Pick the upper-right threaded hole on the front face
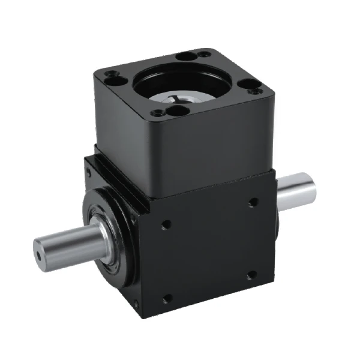click(x=253, y=202)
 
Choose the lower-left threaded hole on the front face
click(x=167, y=297)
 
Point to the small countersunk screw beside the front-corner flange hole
click(x=158, y=112)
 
